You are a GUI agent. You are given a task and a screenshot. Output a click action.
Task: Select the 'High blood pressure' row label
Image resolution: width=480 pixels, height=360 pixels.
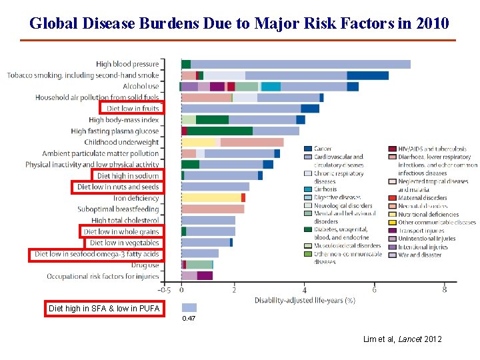(x=127, y=64)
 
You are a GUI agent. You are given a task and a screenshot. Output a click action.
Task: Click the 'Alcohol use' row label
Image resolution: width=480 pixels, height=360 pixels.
(x=141, y=86)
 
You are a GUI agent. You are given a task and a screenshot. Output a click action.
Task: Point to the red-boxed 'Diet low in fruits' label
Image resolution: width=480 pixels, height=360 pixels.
(x=132, y=108)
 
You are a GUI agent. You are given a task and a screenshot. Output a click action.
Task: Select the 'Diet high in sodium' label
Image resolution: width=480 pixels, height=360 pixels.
(x=127, y=176)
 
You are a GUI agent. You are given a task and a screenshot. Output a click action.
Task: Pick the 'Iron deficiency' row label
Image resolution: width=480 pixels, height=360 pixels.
(x=136, y=198)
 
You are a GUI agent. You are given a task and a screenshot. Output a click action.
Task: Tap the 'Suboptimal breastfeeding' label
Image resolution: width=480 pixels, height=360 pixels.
(x=118, y=209)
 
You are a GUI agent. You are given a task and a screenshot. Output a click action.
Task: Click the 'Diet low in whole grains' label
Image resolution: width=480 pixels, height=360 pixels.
(x=121, y=232)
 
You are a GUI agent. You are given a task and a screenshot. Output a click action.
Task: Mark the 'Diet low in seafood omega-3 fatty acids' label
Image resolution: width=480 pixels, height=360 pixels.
(x=96, y=254)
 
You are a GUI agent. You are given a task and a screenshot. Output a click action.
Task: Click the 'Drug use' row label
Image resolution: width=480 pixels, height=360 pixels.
(x=145, y=265)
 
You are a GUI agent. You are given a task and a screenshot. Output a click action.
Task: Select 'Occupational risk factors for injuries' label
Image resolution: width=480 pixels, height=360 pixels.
(x=103, y=276)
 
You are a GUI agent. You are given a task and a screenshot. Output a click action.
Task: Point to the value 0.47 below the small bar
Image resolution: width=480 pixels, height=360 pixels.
(x=189, y=319)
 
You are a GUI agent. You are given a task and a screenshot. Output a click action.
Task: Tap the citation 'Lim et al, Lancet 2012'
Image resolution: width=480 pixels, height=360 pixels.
(x=402, y=339)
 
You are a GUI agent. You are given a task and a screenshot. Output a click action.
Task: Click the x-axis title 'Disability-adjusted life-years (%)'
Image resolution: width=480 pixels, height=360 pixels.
(x=305, y=301)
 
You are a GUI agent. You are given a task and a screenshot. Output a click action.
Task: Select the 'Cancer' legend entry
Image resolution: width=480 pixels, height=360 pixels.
(x=323, y=149)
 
